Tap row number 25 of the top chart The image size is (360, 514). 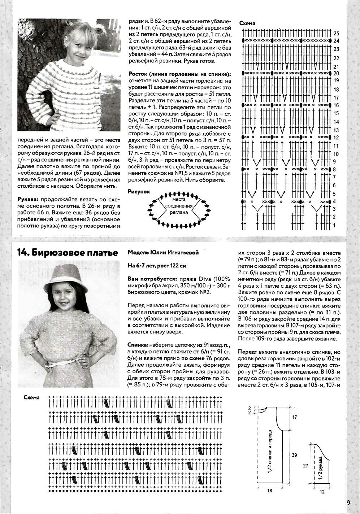tap(337, 33)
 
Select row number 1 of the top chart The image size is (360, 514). tap(335, 226)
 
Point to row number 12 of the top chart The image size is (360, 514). tap(337, 138)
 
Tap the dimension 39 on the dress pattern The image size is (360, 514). tap(294, 455)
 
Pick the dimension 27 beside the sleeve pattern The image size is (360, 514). tap(305, 466)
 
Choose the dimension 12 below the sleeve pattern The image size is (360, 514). tap(322, 492)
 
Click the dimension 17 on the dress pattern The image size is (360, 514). tap(294, 417)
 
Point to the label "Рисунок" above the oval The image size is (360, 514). tap(139, 192)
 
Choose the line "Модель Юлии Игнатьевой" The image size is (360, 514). tap(163, 253)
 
